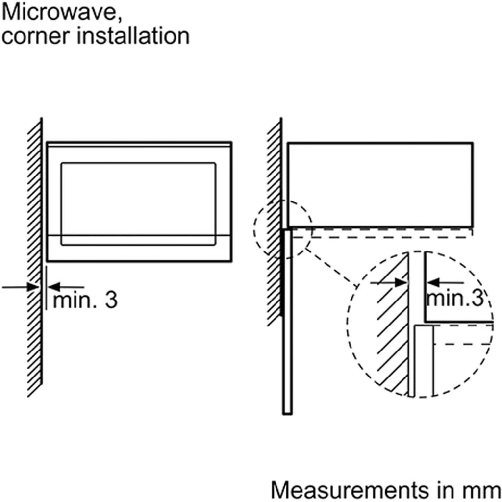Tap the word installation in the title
pyautogui.click(x=133, y=37)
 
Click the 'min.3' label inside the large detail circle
pyautogui.click(x=454, y=298)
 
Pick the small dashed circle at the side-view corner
pyautogui.click(x=283, y=228)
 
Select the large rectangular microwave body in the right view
pyautogui.click(x=380, y=185)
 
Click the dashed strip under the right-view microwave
pyautogui.click(x=382, y=232)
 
